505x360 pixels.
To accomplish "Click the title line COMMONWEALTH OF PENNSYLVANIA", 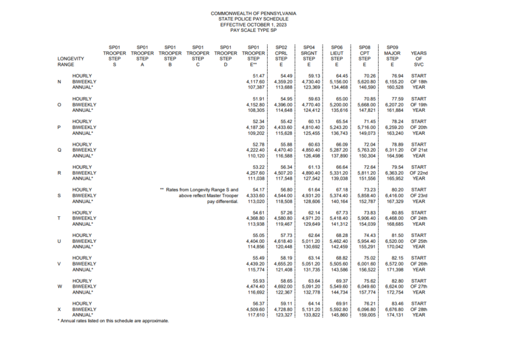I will point(252,13).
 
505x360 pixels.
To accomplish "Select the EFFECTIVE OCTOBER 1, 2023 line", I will point(252,24).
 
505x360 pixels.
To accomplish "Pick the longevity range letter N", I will point(59,81).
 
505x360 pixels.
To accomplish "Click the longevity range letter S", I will point(59,195).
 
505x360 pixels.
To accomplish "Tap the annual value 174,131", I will point(392,314).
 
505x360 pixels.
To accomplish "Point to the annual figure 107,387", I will point(254,87).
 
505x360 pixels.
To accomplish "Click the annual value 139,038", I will point(336,178).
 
